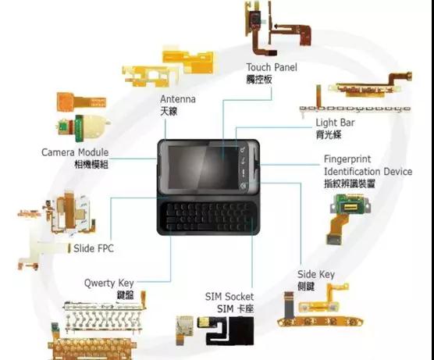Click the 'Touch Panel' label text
point(272,67)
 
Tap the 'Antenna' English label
point(178,99)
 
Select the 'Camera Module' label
point(75,152)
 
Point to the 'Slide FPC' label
point(94,248)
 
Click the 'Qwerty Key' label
point(109,283)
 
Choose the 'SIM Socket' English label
point(229,297)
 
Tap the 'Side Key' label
point(316,274)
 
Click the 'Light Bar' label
point(335,123)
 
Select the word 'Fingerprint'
point(347,159)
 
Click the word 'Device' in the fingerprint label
point(398,172)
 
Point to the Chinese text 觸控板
point(259,80)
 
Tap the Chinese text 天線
point(169,112)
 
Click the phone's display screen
point(204,168)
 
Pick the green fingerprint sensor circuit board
point(350,205)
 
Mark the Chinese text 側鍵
point(306,287)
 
